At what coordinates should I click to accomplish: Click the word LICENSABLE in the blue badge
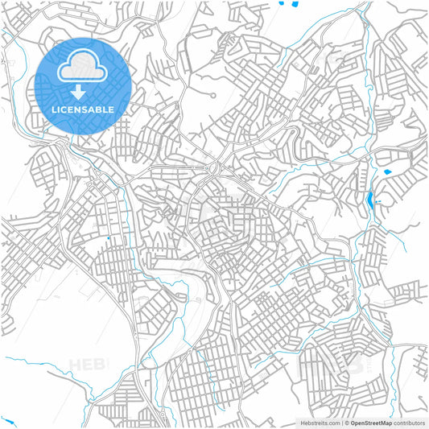click(84, 109)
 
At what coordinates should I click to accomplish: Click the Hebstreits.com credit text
click(321, 422)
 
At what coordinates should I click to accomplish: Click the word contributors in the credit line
click(410, 422)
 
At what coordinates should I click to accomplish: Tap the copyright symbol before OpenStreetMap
click(345, 422)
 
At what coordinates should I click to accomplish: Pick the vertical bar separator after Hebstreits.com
click(340, 422)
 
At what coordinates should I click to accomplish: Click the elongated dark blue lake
click(369, 200)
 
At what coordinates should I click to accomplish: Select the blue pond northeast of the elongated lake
click(387, 172)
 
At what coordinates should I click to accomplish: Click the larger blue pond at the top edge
click(282, 3)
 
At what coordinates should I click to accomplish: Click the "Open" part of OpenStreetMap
click(357, 422)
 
